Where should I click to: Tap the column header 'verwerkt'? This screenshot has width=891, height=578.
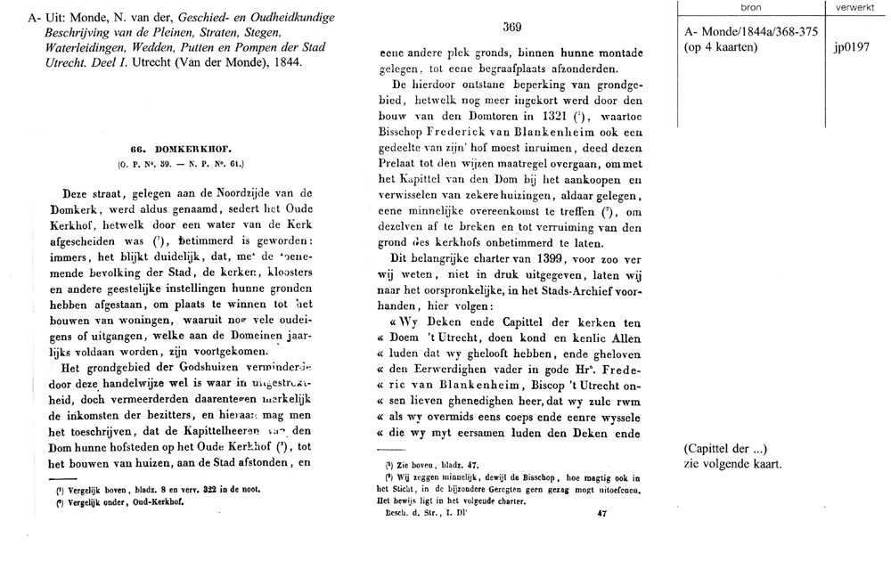855,7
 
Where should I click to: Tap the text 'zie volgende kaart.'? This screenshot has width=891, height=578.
732,465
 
